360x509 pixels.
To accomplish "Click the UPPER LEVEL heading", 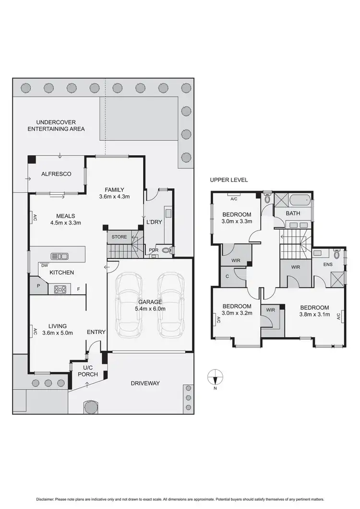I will [228, 180].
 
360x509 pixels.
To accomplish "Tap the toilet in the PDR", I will [167, 250].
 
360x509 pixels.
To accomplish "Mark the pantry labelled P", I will [37, 286].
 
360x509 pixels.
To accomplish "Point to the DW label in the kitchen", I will [44, 265].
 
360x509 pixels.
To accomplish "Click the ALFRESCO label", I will [56, 174].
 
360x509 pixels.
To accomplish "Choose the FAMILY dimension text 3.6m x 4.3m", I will [115, 196].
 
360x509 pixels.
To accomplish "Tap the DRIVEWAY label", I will [144, 383].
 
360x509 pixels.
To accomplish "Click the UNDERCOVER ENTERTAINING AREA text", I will [56, 126].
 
